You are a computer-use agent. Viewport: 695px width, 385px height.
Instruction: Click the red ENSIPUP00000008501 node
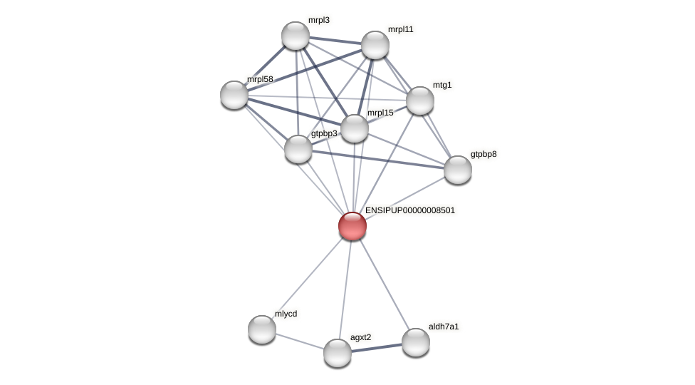tap(352, 226)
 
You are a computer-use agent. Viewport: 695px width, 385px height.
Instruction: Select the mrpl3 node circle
tap(296, 36)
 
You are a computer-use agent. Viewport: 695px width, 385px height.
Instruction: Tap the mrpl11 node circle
tap(375, 45)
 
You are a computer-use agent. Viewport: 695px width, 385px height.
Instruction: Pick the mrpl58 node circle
tap(234, 95)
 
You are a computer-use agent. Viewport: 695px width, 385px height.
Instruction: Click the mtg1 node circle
tap(420, 101)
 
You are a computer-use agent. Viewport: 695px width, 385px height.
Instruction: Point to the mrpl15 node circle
tap(355, 128)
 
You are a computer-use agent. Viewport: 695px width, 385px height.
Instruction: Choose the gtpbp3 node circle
tap(298, 149)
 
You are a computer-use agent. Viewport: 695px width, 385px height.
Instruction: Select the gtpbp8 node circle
tap(458, 170)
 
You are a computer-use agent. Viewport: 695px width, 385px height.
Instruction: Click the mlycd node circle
tap(262, 329)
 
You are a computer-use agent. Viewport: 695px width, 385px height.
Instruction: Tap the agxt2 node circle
tap(338, 353)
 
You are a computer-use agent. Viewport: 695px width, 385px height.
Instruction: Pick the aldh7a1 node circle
tap(416, 342)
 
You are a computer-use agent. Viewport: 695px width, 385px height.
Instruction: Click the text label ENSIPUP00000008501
tap(409, 210)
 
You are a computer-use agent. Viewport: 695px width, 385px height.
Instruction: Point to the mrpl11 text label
tap(400, 29)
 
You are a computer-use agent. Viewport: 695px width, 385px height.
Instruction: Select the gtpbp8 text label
tap(484, 154)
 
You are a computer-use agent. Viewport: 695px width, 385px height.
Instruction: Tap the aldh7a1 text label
tap(444, 327)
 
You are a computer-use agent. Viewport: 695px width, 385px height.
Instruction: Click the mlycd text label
tap(286, 314)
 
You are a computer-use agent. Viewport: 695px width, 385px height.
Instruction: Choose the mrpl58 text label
tap(260, 79)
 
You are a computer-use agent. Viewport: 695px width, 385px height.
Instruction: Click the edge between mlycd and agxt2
tap(300, 342)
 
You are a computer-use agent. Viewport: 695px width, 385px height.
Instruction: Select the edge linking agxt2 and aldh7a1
tap(377, 348)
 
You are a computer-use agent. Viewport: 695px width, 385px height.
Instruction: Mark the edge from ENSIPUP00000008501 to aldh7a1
tap(385, 284)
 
